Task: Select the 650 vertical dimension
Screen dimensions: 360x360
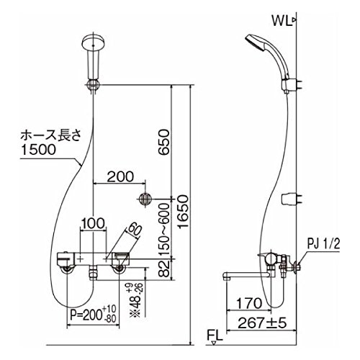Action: click(164, 142)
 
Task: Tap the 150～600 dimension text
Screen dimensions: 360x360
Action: click(164, 230)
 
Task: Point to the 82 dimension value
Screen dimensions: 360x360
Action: click(165, 269)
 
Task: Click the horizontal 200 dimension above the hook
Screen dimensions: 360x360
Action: click(120, 176)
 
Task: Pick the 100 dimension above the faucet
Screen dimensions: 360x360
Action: click(93, 223)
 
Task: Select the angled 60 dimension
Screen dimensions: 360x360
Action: click(134, 230)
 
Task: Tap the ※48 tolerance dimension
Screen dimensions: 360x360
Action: click(136, 300)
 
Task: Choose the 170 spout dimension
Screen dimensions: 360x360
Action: click(249, 303)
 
